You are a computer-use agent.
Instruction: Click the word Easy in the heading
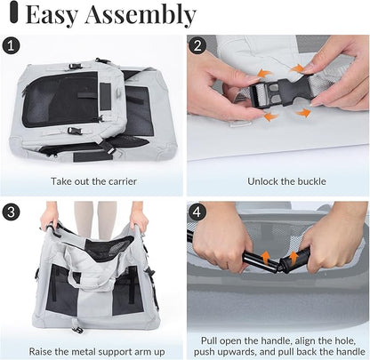52,14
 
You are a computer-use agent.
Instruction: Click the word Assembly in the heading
141,14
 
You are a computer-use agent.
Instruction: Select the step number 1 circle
11,46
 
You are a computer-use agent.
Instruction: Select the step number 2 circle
197,45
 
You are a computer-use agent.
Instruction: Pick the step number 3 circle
11,212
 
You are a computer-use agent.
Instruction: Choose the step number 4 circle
197,212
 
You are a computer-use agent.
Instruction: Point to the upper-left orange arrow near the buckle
261,74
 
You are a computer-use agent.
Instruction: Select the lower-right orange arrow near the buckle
303,113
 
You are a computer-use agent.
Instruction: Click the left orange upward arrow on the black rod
266,257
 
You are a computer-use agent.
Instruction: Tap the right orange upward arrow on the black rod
294,257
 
